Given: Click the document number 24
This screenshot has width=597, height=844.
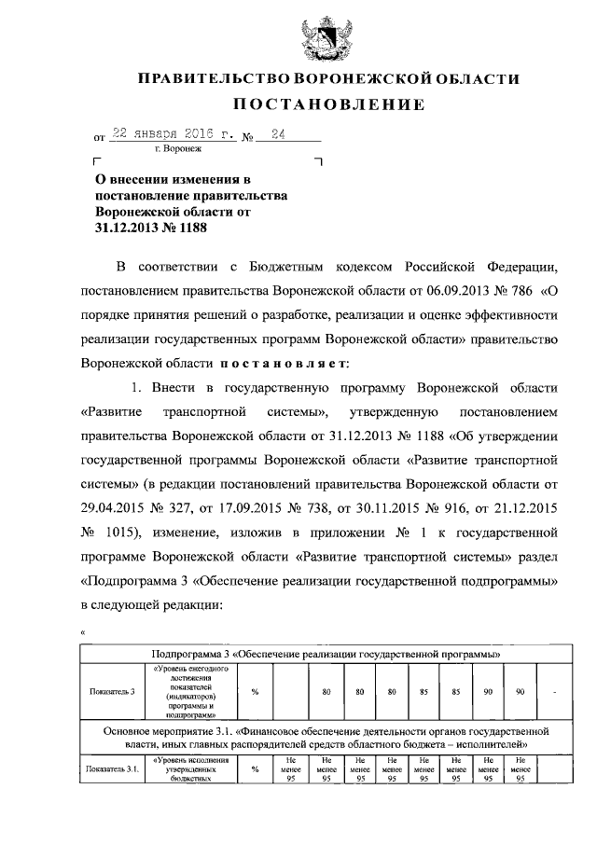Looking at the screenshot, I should [277, 133].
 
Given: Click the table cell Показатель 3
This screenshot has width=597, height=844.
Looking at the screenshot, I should [113, 692].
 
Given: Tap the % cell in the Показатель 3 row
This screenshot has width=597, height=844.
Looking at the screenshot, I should [255, 692].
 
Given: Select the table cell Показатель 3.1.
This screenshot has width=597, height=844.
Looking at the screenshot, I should [113, 769].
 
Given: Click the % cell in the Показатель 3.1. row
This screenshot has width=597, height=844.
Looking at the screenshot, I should [255, 769].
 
